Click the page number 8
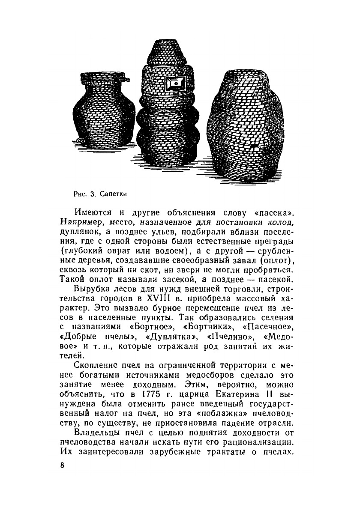tap(63, 465)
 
